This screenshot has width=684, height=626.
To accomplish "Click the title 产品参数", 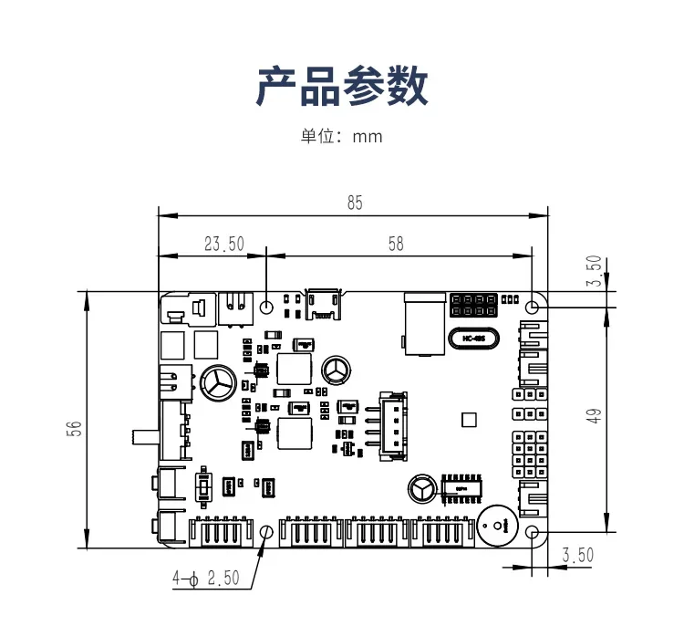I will tap(342, 88).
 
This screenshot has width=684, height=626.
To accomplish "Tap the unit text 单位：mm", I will tap(342, 137).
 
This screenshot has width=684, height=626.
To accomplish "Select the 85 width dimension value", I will tap(355, 203).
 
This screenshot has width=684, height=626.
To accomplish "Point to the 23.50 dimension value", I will tap(224, 244).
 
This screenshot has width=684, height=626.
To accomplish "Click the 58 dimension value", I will tap(396, 244).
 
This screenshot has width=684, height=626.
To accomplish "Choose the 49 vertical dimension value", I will tap(594, 416).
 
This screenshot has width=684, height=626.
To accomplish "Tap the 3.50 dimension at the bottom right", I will tap(578, 554).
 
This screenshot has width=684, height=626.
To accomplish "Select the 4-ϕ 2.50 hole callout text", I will tap(205, 578).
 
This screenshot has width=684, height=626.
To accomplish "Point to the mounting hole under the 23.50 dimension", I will tap(266, 307).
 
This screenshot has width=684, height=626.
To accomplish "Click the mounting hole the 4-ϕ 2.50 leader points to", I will tap(266, 532).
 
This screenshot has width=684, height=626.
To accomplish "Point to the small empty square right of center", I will tap(470, 420).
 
